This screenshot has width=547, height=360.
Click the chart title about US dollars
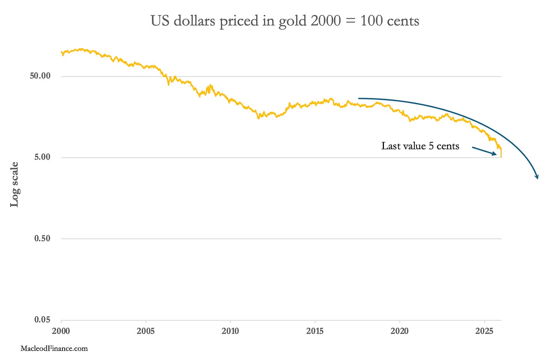pyautogui.click(x=285, y=21)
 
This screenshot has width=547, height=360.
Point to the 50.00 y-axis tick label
pyautogui.click(x=40, y=76)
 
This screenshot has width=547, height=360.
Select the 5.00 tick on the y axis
pyautogui.click(x=42, y=157)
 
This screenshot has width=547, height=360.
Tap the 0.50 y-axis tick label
pyautogui.click(x=42, y=238)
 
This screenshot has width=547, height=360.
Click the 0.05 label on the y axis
pyautogui.click(x=42, y=319)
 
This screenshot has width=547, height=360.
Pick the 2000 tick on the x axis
pyautogui.click(x=61, y=331)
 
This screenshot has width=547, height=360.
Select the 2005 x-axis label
pyautogui.click(x=145, y=331)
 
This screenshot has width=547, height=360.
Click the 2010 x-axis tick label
pyautogui.click(x=230, y=331)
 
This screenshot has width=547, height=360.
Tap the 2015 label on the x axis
pyautogui.click(x=315, y=331)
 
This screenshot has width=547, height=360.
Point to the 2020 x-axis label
pyautogui.click(x=399, y=331)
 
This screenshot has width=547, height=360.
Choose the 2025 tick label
pyautogui.click(x=484, y=331)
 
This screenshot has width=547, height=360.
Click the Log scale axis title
pyautogui.click(x=14, y=184)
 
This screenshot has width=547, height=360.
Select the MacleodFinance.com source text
pyautogui.click(x=54, y=349)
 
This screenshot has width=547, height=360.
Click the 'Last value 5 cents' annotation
pyautogui.click(x=420, y=146)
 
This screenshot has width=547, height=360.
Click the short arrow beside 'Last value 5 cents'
pyautogui.click(x=485, y=151)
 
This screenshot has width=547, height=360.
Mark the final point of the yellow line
pyautogui.click(x=501, y=157)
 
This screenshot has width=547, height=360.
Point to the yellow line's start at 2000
pyautogui.click(x=61, y=52)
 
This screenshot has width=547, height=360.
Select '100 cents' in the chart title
pyautogui.click(x=390, y=21)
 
